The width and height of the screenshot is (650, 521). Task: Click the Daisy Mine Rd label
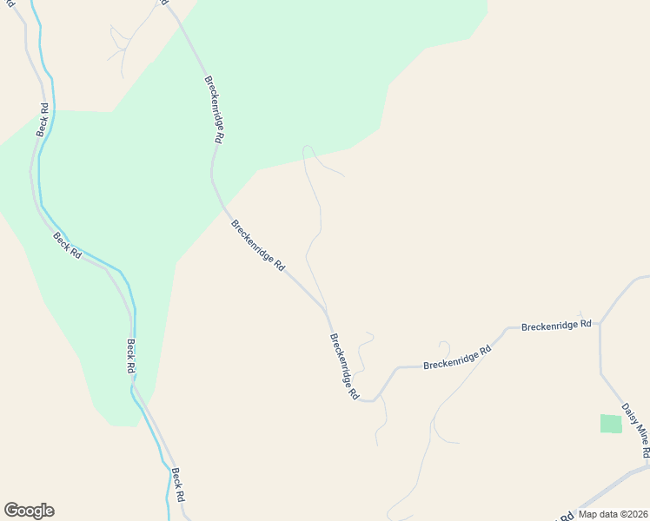coord(635,429)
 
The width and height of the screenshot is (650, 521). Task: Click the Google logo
coord(29,511)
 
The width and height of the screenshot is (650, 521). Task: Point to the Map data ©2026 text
coord(612,514)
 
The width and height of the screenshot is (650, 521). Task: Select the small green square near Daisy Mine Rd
coord(611,424)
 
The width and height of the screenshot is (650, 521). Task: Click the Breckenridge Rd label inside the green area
coord(215,109)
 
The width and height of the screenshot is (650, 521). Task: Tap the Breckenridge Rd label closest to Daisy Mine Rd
coord(556,326)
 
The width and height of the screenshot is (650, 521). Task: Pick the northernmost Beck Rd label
coord(43,121)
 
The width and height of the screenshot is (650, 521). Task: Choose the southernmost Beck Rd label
coord(178,485)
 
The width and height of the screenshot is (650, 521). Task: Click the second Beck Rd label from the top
coord(67,245)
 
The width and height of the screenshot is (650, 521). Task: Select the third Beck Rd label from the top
coord(131,355)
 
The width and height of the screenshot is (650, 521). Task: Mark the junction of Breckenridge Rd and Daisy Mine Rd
coord(600,323)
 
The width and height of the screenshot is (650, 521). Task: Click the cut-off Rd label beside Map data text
coord(565,516)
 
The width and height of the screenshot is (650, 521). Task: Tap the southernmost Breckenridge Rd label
coord(344,366)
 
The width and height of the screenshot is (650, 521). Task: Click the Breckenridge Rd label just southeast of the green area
coord(258,246)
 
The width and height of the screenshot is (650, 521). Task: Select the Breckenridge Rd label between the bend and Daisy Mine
coord(457,355)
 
